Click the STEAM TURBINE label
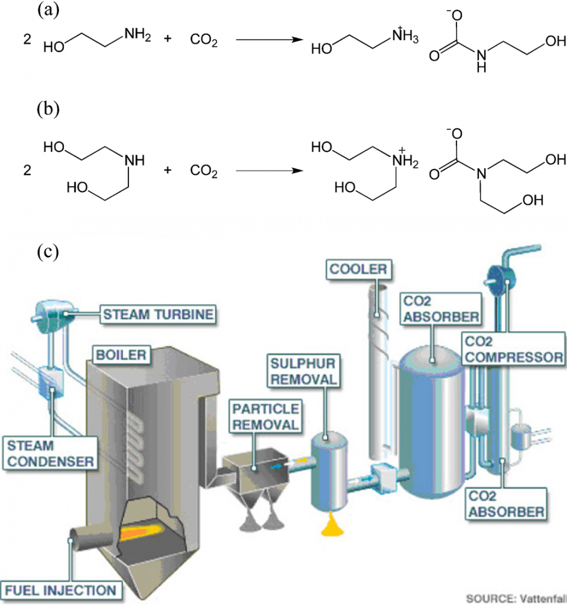[157, 314]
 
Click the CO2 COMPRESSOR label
[512, 349]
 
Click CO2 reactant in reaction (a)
[204, 42]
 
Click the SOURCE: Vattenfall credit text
[516, 597]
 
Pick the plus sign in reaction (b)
[168, 171]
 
